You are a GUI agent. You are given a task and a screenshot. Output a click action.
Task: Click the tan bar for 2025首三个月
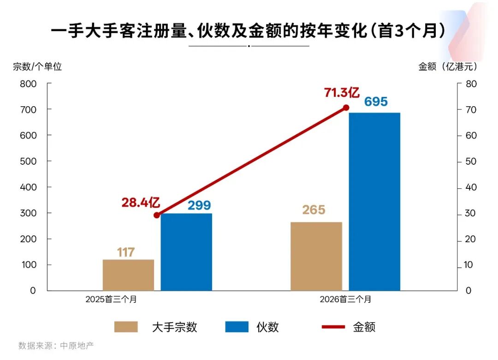click(x=128, y=275)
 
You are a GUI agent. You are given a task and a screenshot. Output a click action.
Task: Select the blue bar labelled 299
click(x=186, y=252)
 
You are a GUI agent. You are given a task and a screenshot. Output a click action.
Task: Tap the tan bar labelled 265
click(x=316, y=256)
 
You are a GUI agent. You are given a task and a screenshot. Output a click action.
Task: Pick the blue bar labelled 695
click(x=374, y=202)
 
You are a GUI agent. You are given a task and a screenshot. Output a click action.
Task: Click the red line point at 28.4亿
click(x=157, y=215)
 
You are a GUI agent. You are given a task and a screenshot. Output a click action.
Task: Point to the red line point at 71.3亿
click(x=346, y=108)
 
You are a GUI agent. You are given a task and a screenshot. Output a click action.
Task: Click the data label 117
click(x=125, y=252)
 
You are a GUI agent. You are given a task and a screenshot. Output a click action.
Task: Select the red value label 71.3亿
click(x=342, y=92)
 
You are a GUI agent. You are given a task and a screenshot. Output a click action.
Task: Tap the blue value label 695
click(x=376, y=102)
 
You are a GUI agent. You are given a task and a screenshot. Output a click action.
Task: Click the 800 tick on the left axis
click(x=28, y=84)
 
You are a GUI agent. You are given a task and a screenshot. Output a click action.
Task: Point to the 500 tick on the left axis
click(x=28, y=161)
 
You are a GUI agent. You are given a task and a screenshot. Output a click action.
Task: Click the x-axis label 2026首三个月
click(x=345, y=299)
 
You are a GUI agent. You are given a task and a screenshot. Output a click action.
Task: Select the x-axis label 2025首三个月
click(x=111, y=299)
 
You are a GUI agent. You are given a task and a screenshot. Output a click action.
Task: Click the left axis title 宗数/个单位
click(x=37, y=66)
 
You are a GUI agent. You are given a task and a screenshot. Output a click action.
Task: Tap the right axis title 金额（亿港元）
click(x=448, y=66)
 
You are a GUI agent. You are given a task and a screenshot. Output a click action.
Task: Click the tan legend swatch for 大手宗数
click(x=126, y=327)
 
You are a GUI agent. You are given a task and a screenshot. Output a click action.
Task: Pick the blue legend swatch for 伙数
click(x=237, y=327)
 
